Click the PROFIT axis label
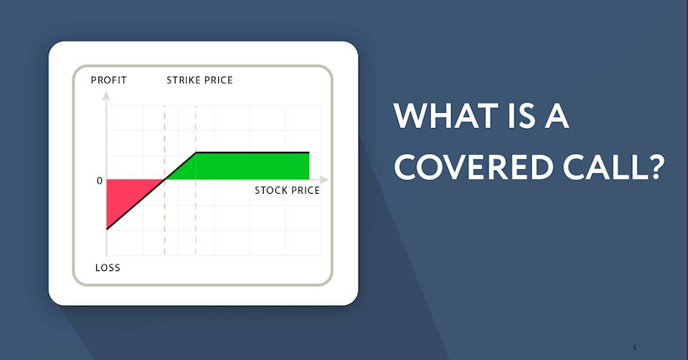[x=108, y=80]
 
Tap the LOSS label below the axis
[x=108, y=267]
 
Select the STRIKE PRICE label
[x=199, y=80]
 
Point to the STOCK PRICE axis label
[x=287, y=191]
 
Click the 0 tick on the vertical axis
[x=100, y=181]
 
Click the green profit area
[x=246, y=166]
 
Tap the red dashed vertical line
[x=165, y=180]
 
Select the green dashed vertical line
[x=196, y=180]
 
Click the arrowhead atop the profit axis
[x=106, y=95]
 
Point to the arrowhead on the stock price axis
[x=324, y=179]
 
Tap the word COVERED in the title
[x=472, y=167]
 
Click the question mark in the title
[x=654, y=167]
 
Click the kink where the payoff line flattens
[x=196, y=153]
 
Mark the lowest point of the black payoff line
[x=107, y=229]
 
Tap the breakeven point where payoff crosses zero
[x=165, y=179]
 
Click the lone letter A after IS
[x=556, y=116]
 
